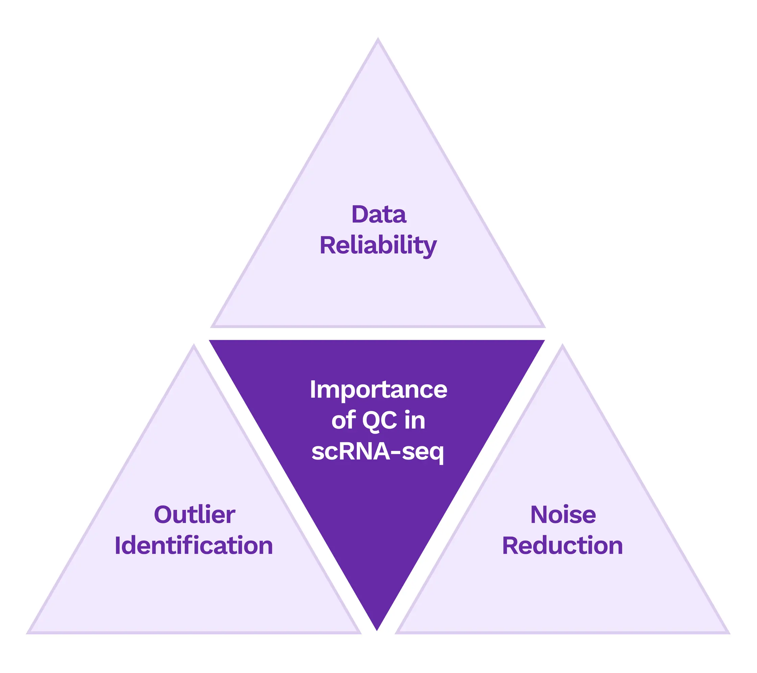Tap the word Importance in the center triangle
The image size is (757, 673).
point(378,390)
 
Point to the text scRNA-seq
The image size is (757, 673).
point(377,452)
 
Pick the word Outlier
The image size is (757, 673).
point(194,515)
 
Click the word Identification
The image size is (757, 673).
point(194,546)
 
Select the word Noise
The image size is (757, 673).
point(563,515)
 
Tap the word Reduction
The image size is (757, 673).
point(562,546)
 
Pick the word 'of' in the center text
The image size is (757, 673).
point(343,421)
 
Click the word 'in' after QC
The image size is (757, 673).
point(415,421)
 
